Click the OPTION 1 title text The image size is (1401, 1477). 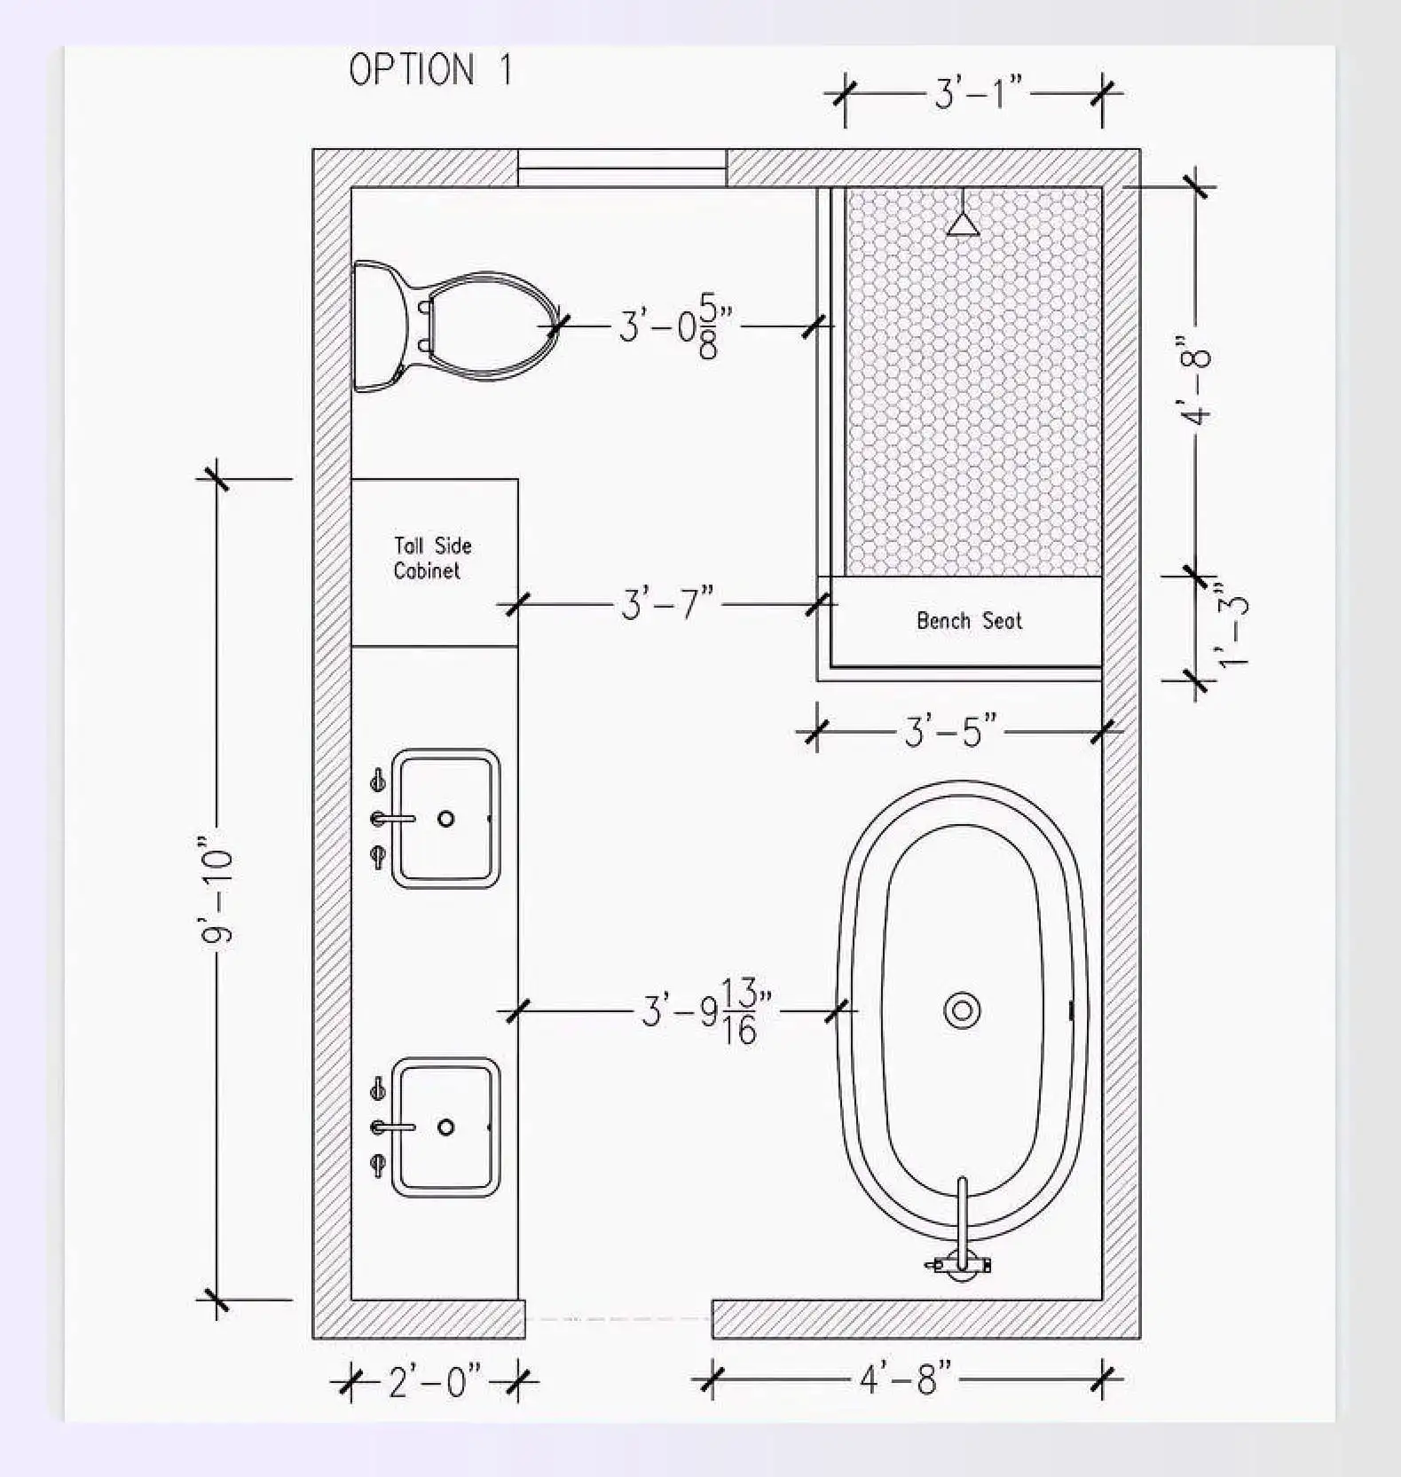[x=431, y=70]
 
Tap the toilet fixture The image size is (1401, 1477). [x=461, y=326]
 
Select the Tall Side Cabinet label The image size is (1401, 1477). [x=432, y=558]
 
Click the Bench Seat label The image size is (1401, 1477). [x=969, y=621]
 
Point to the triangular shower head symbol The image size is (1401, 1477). [x=962, y=224]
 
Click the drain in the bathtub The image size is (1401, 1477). [x=962, y=1010]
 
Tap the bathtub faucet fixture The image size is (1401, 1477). [x=962, y=1242]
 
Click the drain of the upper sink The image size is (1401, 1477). [x=446, y=819]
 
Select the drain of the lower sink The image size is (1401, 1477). [x=446, y=1127]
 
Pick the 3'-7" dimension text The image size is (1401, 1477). [x=666, y=605]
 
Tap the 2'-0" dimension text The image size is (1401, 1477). [x=435, y=1381]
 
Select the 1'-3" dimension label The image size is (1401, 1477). [x=1232, y=625]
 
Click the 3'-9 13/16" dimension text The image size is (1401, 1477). [x=706, y=1011]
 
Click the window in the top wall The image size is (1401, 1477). [x=622, y=168]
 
